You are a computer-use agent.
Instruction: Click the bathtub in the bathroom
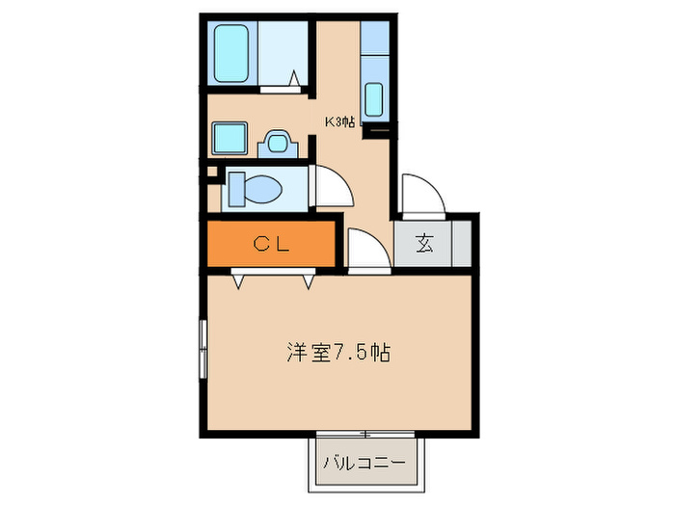pyautogui.click(x=232, y=53)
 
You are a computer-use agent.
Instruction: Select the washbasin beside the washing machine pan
pyautogui.click(x=278, y=142)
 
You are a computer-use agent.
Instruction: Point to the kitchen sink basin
pyautogui.click(x=374, y=99)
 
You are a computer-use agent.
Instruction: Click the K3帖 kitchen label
pyautogui.click(x=338, y=122)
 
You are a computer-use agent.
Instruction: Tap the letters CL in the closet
pyautogui.click(x=271, y=245)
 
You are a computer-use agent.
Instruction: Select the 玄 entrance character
pyautogui.click(x=424, y=244)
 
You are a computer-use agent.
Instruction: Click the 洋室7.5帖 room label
pyautogui.click(x=337, y=352)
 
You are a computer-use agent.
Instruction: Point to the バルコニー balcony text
pyautogui.click(x=365, y=463)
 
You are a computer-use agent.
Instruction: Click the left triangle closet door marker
pyautogui.click(x=236, y=280)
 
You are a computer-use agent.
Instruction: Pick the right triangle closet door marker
pyautogui.click(x=309, y=280)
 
